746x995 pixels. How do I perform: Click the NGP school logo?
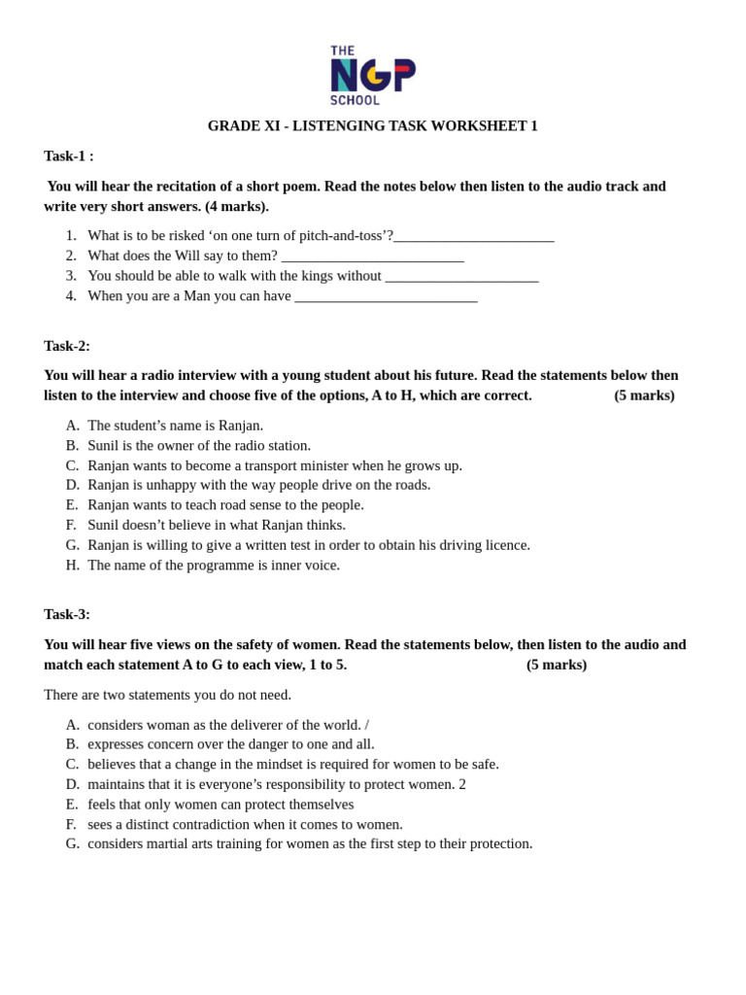click(372, 75)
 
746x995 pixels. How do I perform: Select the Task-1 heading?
click(69, 156)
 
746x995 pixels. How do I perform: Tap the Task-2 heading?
click(67, 346)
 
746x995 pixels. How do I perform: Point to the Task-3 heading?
click(67, 614)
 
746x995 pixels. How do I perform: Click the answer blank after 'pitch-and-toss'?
click(474, 236)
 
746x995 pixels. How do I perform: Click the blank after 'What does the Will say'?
click(372, 257)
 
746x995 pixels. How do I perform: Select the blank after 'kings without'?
click(461, 276)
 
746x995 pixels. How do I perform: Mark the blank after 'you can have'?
click(386, 296)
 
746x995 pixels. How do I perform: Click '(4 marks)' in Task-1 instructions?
click(236, 207)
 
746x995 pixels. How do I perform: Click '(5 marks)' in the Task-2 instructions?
click(644, 395)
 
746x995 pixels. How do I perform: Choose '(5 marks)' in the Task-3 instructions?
click(557, 665)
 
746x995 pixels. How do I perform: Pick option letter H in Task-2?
click(72, 566)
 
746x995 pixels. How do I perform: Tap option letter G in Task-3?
click(72, 843)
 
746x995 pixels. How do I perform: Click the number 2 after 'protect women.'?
click(462, 784)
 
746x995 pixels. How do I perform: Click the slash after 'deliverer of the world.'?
click(367, 725)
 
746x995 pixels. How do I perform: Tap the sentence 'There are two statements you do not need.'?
click(167, 695)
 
